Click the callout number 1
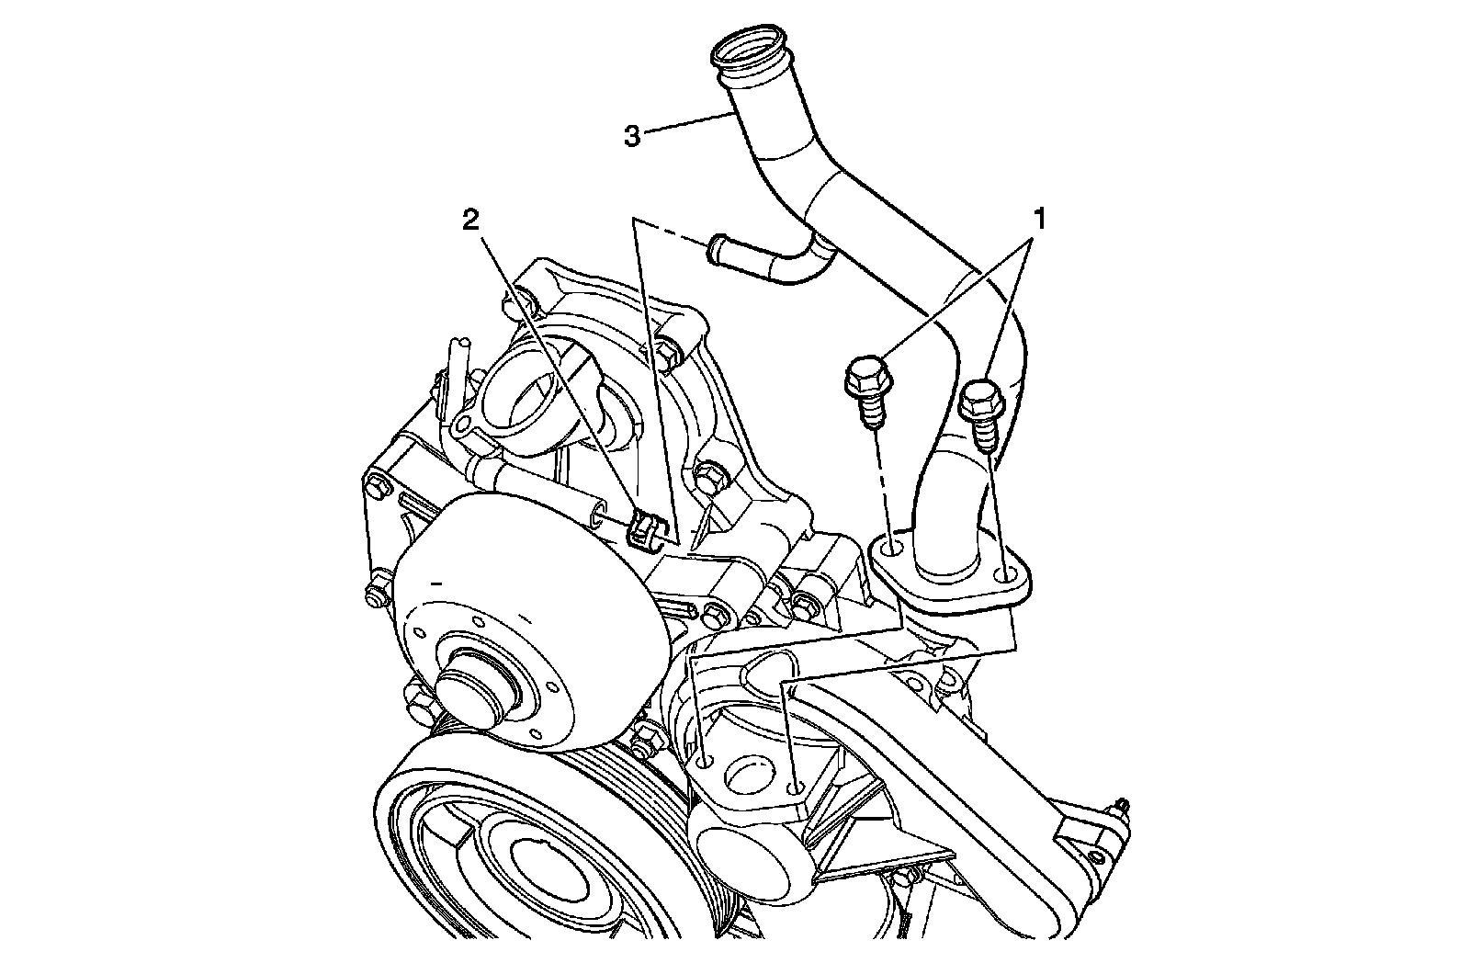(1040, 219)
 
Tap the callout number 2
(470, 219)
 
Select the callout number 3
(631, 136)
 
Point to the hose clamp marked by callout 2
(644, 530)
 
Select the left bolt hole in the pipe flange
(891, 549)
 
